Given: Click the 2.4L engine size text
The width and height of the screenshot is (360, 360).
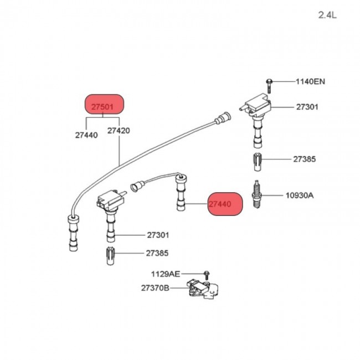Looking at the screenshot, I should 327,15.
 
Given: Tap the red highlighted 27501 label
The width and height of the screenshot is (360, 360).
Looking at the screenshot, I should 105,105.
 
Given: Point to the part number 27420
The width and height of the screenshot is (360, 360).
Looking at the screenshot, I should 119,131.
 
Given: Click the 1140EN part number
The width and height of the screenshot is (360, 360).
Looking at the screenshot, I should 310,81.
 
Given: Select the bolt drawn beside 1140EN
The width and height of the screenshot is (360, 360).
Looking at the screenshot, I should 270,84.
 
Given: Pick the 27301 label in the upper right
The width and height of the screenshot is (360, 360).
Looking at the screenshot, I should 307,106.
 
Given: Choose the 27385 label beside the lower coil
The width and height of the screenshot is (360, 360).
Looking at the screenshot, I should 158,253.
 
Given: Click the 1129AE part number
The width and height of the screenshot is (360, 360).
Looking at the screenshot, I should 165,274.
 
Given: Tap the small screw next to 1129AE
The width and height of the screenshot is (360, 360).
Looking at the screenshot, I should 205,274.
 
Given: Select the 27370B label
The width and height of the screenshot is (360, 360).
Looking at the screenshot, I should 155,288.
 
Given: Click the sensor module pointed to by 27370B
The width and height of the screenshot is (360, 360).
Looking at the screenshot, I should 202,290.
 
